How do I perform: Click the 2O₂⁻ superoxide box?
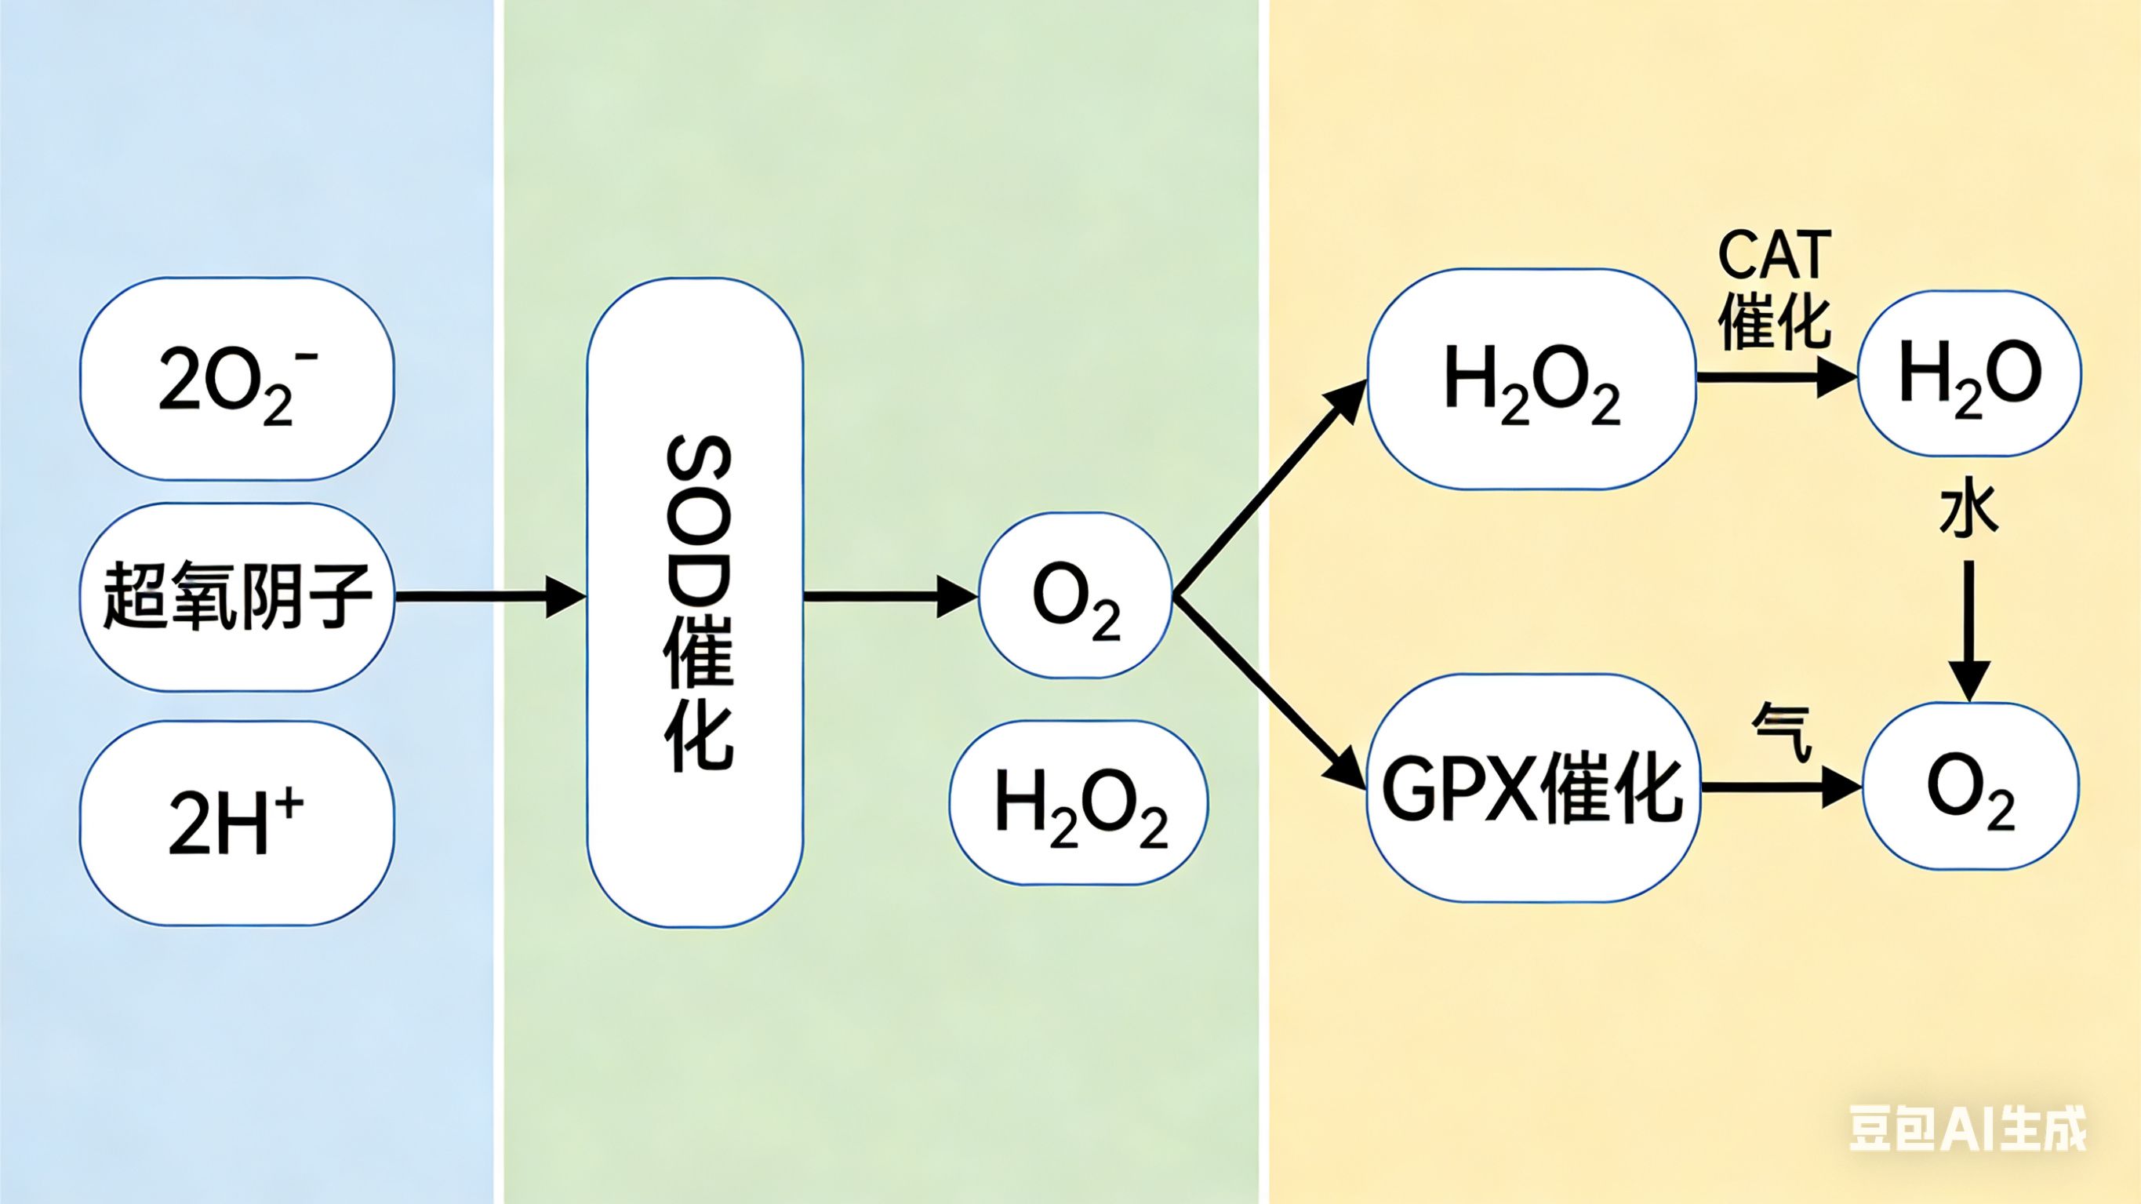click(x=237, y=379)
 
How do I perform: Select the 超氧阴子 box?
click(x=237, y=596)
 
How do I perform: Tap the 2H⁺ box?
click(x=237, y=822)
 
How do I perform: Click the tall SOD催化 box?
click(x=695, y=602)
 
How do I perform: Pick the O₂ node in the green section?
click(x=1075, y=595)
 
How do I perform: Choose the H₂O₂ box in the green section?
click(x=1079, y=803)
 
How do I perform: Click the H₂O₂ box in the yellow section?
click(x=1531, y=379)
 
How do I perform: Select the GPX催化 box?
click(x=1532, y=787)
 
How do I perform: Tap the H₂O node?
click(x=1969, y=373)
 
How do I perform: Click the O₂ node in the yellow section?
click(x=1971, y=787)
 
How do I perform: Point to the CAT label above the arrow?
click(x=1775, y=254)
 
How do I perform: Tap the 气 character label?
click(x=1780, y=732)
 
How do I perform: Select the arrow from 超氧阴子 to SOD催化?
click(x=490, y=596)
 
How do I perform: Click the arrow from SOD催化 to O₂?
click(x=889, y=596)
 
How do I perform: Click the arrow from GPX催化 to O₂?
click(x=1780, y=787)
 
